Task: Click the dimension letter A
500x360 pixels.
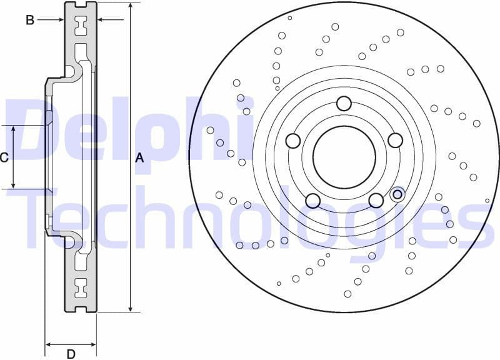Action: [140, 158]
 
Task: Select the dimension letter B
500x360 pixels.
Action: [29, 20]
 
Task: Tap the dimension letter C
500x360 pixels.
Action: [4, 157]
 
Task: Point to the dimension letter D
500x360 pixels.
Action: [71, 354]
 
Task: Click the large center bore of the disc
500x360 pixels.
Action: [343, 156]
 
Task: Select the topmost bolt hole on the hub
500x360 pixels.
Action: [344, 104]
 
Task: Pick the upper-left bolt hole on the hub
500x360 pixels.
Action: [293, 141]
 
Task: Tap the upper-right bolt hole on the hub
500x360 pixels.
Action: [394, 140]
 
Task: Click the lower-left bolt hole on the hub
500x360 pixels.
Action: [312, 200]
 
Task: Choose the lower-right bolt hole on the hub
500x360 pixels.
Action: [376, 200]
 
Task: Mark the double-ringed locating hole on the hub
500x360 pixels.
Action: [396, 195]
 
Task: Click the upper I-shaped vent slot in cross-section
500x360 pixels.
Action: [81, 26]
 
